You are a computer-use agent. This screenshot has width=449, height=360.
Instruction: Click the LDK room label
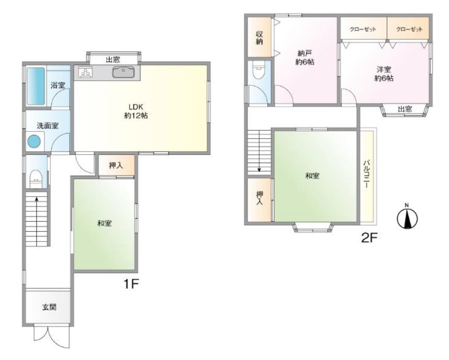[136, 111]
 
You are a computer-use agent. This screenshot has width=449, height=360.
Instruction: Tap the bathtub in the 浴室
[36, 86]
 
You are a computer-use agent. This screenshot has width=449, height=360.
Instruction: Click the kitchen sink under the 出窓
[123, 72]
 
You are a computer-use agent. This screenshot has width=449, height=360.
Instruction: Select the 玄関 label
[49, 307]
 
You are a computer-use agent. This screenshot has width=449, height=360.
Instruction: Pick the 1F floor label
[131, 284]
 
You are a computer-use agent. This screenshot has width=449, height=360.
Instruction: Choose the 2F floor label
[370, 238]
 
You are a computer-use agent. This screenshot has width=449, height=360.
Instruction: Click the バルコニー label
[366, 174]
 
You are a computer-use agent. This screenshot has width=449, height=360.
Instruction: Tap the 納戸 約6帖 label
[305, 57]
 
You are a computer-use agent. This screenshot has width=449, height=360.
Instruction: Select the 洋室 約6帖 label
[384, 74]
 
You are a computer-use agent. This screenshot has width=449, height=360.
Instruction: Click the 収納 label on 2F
[259, 38]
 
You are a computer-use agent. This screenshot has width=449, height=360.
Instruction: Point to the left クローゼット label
[363, 29]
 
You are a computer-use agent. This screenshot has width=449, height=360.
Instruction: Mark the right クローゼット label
[409, 29]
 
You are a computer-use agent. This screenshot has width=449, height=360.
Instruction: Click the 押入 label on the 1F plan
[116, 165]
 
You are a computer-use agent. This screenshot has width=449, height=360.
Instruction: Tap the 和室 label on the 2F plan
[312, 175]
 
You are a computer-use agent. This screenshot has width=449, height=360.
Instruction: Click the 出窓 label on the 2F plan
[405, 109]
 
